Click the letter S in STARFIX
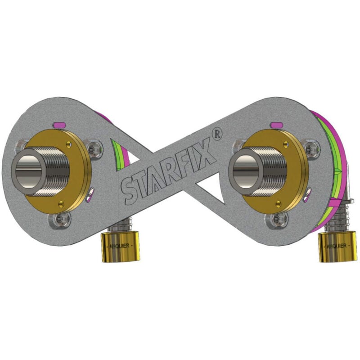coord(128,191)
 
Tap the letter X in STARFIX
coord(208,153)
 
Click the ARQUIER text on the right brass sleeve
coord(335,246)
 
